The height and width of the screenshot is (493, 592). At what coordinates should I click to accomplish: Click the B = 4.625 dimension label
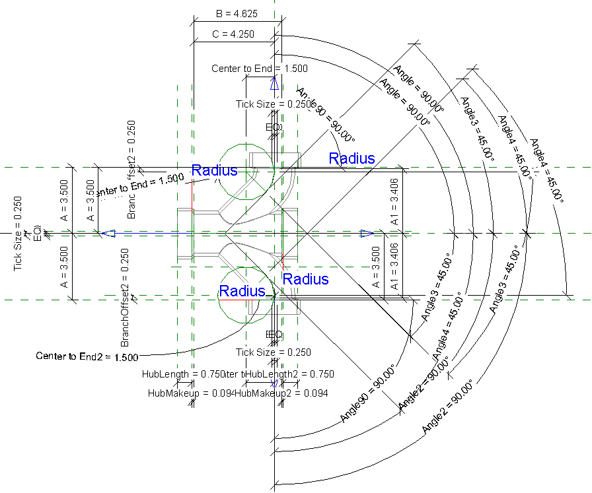[x=233, y=13]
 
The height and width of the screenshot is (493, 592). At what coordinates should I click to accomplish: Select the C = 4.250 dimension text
[x=233, y=34]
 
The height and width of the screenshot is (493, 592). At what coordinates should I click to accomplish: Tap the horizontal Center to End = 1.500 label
[x=260, y=69]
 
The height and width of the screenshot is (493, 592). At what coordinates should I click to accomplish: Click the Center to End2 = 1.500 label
[x=87, y=356]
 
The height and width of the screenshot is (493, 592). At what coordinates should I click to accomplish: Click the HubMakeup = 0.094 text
[x=191, y=393]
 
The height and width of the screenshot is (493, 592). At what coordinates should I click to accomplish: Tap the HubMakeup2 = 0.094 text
[x=282, y=393]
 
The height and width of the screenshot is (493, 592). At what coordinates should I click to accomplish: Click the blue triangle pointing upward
[x=274, y=83]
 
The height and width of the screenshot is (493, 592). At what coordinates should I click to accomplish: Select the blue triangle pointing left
[x=108, y=233]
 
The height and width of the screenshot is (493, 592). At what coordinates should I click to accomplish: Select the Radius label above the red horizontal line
[x=242, y=290]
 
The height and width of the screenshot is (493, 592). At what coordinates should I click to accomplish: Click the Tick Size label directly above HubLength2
[x=274, y=352]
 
